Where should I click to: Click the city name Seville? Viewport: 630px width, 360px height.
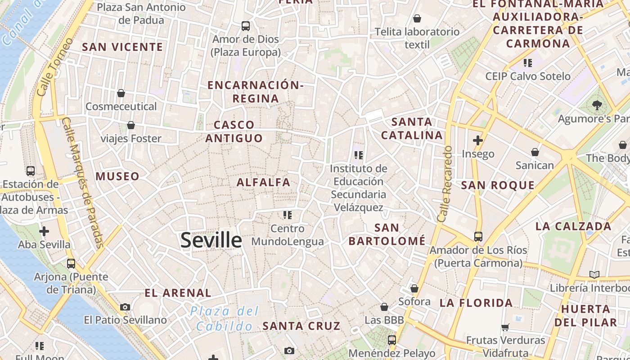tap(211, 240)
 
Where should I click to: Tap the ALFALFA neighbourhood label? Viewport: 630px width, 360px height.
tap(263, 182)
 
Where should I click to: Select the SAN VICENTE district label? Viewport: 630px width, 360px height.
tap(122, 47)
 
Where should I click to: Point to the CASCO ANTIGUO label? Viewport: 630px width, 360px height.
tap(234, 131)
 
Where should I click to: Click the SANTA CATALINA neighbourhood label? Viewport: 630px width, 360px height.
tap(412, 128)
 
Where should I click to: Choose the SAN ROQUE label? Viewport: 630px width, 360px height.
tap(498, 185)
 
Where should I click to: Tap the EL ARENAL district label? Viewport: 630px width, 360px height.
tap(178, 293)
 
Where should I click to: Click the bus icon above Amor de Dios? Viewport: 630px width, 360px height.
tap(245, 26)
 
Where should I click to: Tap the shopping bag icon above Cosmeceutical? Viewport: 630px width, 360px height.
tap(121, 93)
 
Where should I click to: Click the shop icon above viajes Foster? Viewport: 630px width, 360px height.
tap(131, 125)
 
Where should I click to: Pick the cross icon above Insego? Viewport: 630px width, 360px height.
tap(478, 140)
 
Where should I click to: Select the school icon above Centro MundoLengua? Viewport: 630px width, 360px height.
tap(288, 215)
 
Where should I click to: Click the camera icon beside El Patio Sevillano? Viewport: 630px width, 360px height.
tap(125, 307)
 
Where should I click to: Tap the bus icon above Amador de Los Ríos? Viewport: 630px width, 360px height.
tap(478, 236)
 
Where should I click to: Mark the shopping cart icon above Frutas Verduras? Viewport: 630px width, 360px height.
tap(505, 327)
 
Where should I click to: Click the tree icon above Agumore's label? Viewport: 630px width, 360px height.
tap(597, 105)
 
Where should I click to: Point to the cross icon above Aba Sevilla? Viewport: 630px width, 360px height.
tap(44, 231)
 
